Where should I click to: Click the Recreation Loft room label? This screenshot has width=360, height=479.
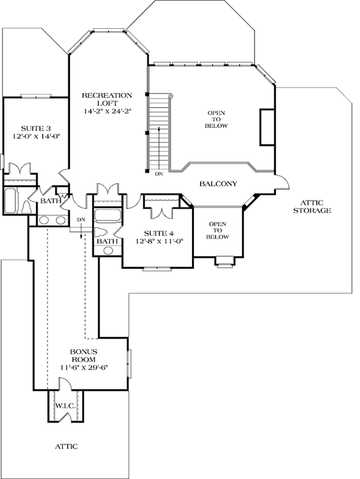pyautogui.click(x=107, y=99)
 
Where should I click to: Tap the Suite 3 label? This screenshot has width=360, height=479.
pyautogui.click(x=36, y=128)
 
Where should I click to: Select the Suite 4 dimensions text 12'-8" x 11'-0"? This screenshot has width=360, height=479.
pyautogui.click(x=160, y=241)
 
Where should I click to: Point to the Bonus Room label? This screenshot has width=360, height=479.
pyautogui.click(x=83, y=355)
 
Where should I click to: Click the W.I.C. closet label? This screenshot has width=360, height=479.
pyautogui.click(x=65, y=406)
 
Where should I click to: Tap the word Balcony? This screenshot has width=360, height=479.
pyautogui.click(x=218, y=184)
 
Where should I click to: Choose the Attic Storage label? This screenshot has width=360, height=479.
pyautogui.click(x=312, y=206)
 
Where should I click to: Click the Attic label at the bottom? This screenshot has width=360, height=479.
pyautogui.click(x=66, y=447)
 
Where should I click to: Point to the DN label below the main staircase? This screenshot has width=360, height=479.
pyautogui.click(x=159, y=174)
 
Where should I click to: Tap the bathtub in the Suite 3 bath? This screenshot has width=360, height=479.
pyautogui.click(x=10, y=200)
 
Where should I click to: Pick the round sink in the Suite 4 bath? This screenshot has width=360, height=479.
pyautogui.click(x=107, y=251)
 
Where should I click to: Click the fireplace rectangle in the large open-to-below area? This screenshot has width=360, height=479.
pyautogui.click(x=267, y=127)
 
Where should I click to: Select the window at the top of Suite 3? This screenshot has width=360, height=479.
pyautogui.click(x=36, y=97)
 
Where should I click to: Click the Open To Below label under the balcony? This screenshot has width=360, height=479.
pyautogui.click(x=218, y=230)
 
